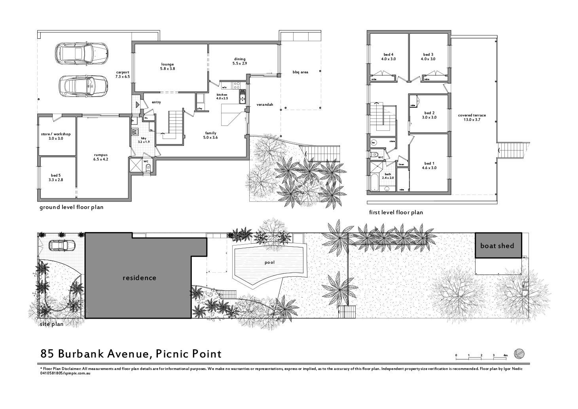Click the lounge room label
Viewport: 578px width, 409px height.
coord(167,67)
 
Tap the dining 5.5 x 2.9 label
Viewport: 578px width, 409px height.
coord(240,61)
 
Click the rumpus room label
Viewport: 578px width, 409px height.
coord(100,157)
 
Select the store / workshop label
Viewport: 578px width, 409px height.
coord(55,136)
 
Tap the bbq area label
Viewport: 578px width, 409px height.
coord(300,72)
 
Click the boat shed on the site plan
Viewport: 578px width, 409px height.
coord(498,245)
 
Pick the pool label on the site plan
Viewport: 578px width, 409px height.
coord(270,263)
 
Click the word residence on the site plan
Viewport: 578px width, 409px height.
coord(139,278)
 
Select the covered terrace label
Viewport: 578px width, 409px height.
coord(472,118)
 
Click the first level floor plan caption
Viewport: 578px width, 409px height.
coord(396,212)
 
